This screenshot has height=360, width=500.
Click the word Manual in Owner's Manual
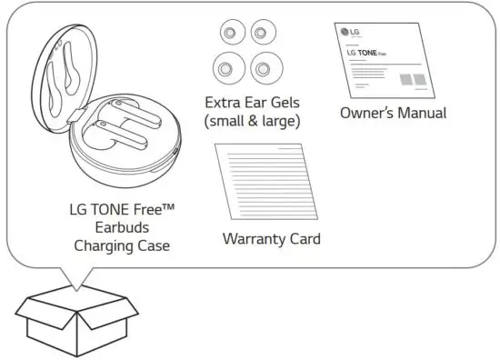422,114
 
